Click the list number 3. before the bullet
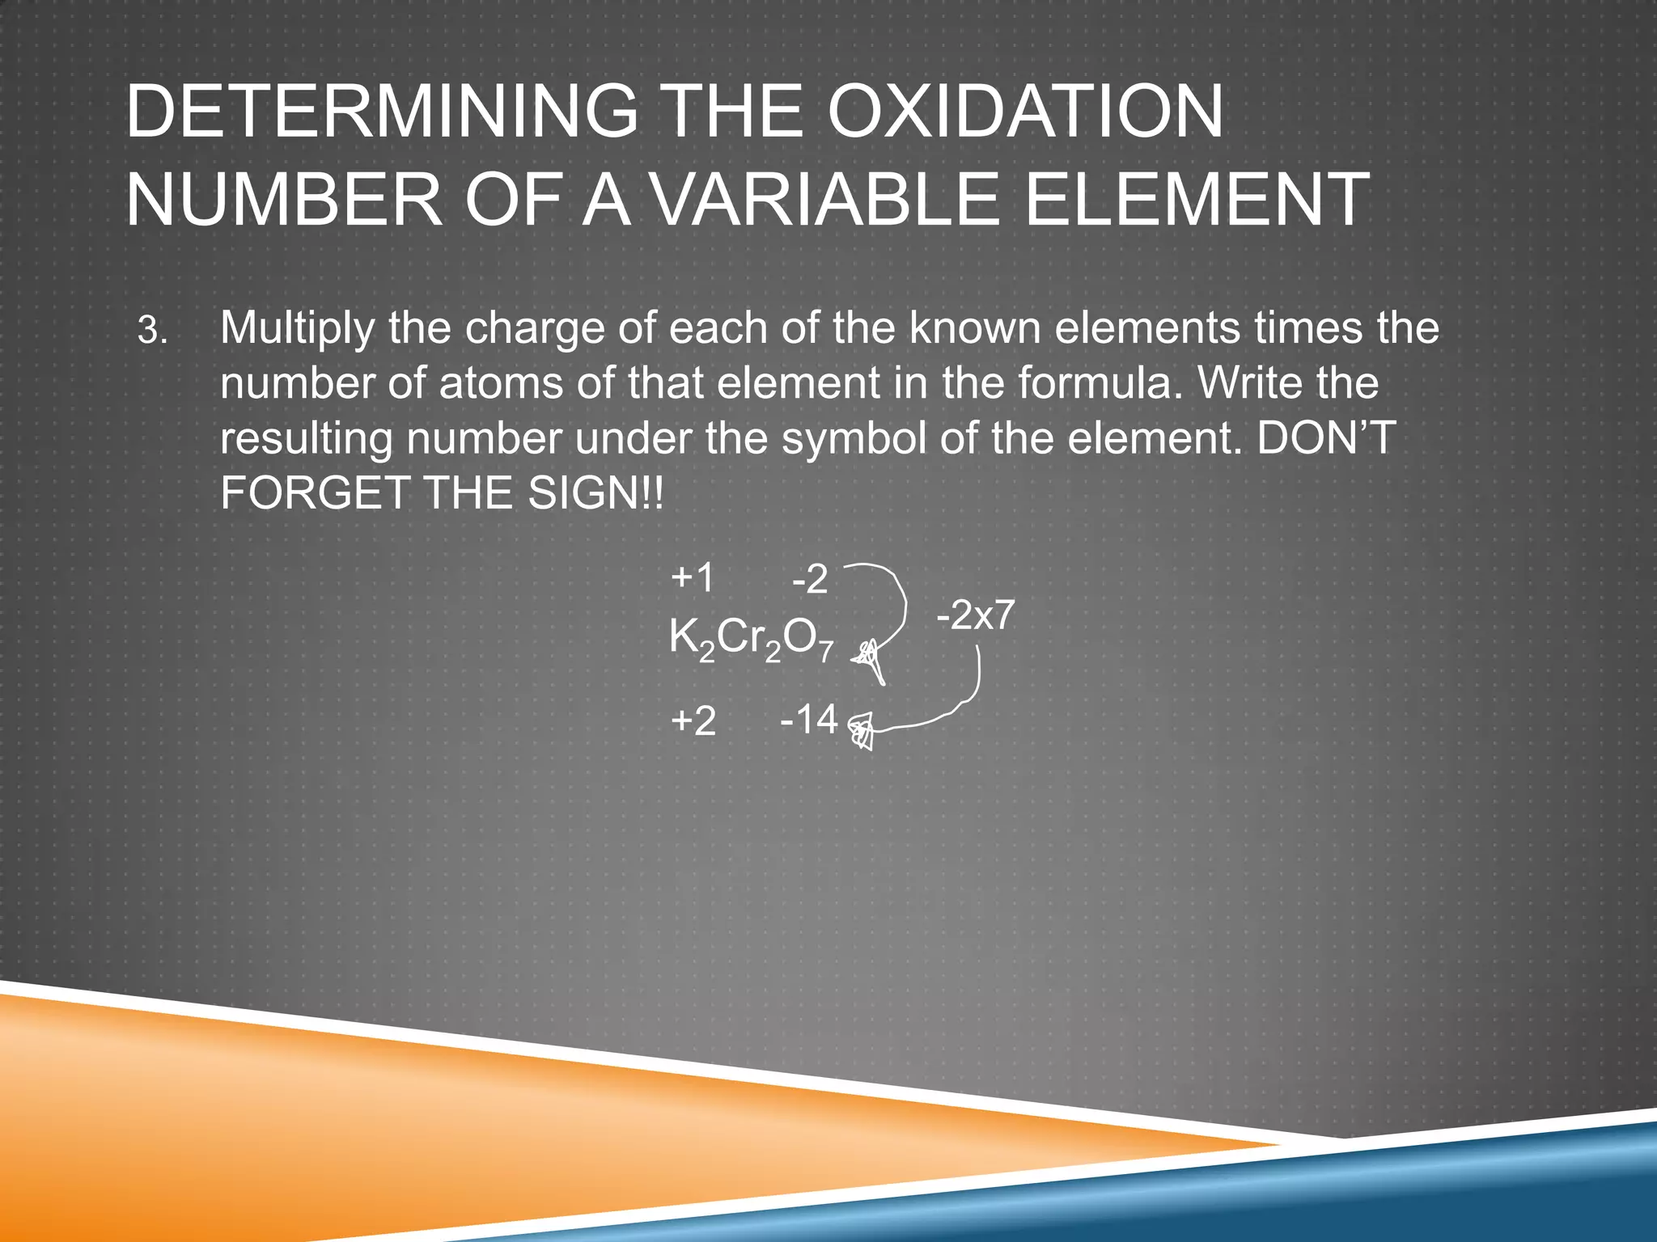pos(153,331)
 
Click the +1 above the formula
pos(693,578)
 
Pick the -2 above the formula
pos(811,580)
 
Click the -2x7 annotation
pos(975,616)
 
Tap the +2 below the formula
pos(693,720)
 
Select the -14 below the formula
pos(809,719)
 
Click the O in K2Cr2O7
pos(800,638)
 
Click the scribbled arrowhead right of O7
pos(870,657)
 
